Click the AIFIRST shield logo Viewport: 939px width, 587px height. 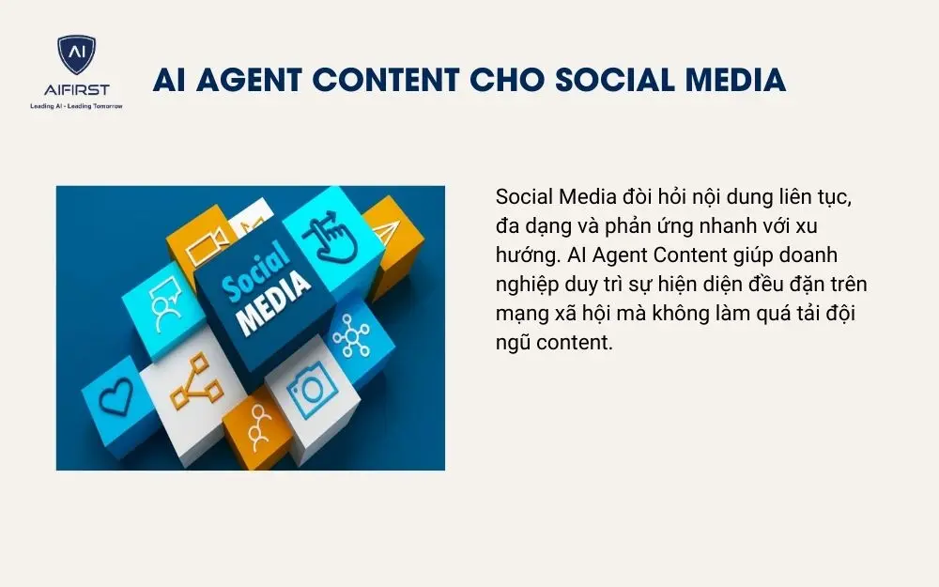coord(76,57)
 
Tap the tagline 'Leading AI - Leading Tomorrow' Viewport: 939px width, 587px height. coord(77,106)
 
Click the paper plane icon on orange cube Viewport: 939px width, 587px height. coord(388,230)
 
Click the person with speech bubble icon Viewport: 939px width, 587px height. coord(163,300)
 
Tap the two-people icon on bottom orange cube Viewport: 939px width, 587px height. coord(258,431)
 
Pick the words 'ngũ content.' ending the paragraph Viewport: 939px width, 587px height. coord(553,342)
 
